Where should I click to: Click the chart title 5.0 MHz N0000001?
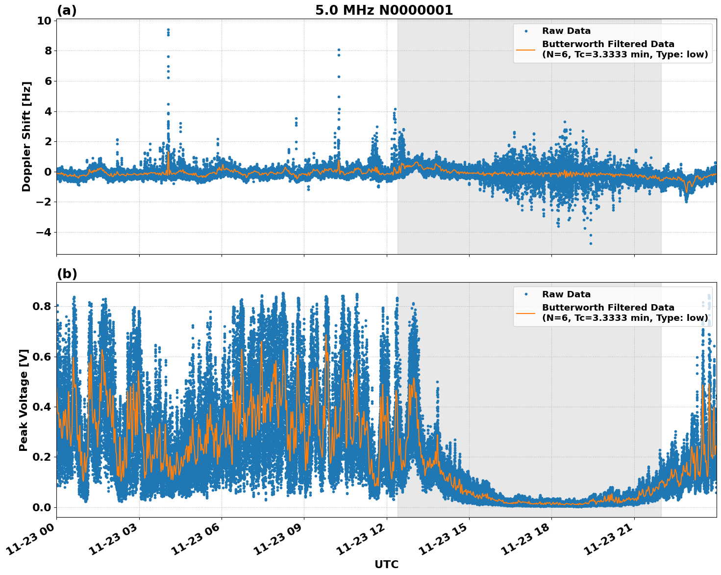click(384, 10)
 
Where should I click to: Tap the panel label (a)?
click(67, 10)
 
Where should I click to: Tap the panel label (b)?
click(67, 274)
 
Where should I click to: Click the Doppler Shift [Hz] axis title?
click(26, 136)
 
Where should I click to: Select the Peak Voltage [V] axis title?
click(24, 400)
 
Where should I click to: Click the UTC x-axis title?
click(386, 564)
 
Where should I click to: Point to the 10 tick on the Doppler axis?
click(44, 21)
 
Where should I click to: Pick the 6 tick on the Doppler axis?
click(47, 81)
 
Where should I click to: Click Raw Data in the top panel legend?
click(566, 31)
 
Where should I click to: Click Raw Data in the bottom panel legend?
click(566, 294)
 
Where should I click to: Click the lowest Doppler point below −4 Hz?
click(591, 243)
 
